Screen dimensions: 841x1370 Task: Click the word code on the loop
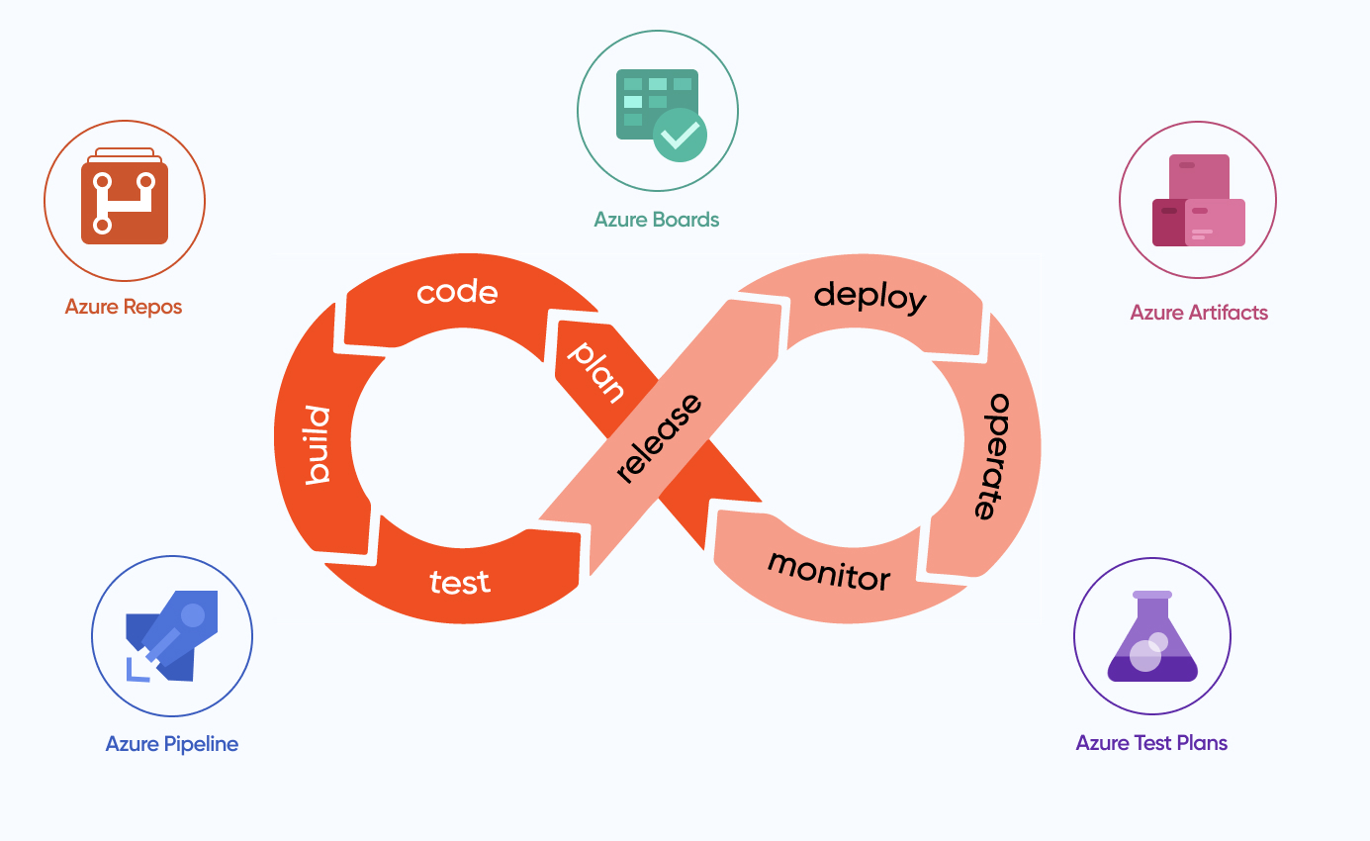click(457, 293)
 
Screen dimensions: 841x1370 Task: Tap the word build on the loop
click(317, 445)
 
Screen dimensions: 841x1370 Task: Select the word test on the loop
click(460, 582)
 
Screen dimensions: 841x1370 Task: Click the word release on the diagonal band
click(658, 438)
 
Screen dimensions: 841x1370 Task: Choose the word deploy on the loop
click(869, 296)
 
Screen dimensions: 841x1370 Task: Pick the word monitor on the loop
click(829, 570)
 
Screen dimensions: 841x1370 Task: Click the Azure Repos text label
click(124, 307)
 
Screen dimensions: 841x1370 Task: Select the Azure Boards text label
click(657, 220)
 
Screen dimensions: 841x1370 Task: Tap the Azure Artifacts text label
click(1199, 313)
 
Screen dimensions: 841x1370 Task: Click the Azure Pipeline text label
click(172, 744)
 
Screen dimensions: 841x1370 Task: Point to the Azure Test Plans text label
click(1151, 743)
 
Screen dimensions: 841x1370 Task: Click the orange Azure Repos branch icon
click(125, 202)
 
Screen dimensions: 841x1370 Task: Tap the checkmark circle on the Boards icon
click(680, 136)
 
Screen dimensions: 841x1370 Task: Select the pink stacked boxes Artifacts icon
click(1198, 201)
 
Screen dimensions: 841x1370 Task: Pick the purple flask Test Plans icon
click(1152, 637)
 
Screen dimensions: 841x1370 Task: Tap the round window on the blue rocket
click(193, 615)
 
